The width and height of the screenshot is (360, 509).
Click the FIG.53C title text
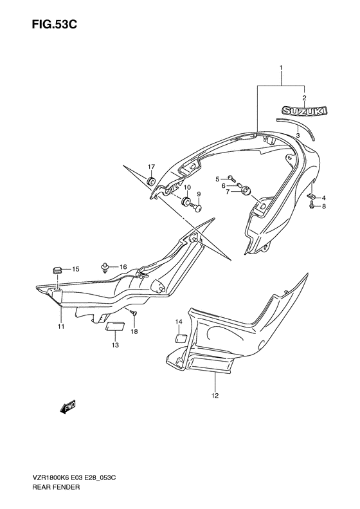coord(54,24)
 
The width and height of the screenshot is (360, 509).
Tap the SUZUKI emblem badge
coord(304,111)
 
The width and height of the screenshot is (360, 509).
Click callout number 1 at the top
coord(281,68)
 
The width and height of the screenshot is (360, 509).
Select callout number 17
coord(152,167)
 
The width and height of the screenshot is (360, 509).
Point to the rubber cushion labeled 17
coord(151,181)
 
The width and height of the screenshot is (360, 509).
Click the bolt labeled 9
coord(197,207)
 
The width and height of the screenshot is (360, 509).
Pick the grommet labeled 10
coord(186,201)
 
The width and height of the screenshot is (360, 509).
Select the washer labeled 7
coord(246,191)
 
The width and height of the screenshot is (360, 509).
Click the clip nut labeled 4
coord(311,196)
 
